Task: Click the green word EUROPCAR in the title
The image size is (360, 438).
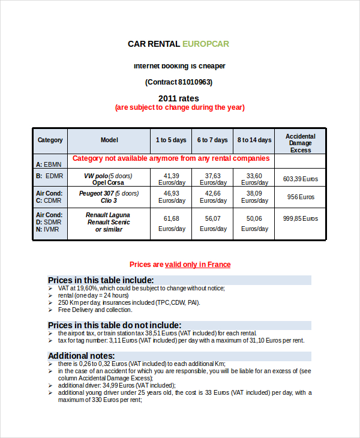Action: [205, 44]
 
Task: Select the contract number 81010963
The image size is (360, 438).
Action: [194, 82]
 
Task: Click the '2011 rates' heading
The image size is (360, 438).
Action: [179, 98]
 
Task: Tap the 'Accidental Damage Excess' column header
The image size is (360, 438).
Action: [300, 143]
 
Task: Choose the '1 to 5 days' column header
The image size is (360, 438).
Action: [171, 140]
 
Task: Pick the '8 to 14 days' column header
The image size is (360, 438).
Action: [254, 140]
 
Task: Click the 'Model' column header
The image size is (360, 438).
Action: [109, 140]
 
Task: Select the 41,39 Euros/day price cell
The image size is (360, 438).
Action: [171, 179]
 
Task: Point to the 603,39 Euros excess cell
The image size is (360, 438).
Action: [300, 179]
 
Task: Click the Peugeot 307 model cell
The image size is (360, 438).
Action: [109, 197]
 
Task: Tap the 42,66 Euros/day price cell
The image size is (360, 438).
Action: [213, 197]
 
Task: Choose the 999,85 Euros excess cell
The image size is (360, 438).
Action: [300, 219]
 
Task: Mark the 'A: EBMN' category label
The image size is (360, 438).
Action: [48, 164]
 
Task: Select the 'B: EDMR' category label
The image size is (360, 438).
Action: [49, 176]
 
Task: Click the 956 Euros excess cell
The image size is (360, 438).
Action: [300, 197]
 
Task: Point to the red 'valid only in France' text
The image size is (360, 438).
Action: [198, 265]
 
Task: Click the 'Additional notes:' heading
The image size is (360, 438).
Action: [81, 355]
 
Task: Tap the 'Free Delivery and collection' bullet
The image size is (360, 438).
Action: [95, 310]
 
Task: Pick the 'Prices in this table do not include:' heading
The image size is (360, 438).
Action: [114, 325]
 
